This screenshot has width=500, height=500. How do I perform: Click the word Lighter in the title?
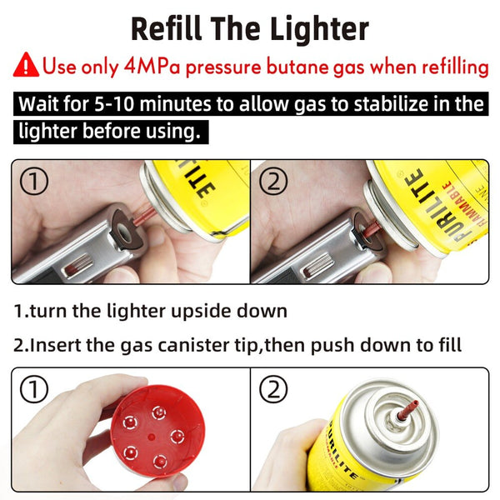tap(320, 29)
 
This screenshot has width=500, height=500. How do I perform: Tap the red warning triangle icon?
tap(27, 64)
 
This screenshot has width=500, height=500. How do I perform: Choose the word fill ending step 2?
tap(448, 345)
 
